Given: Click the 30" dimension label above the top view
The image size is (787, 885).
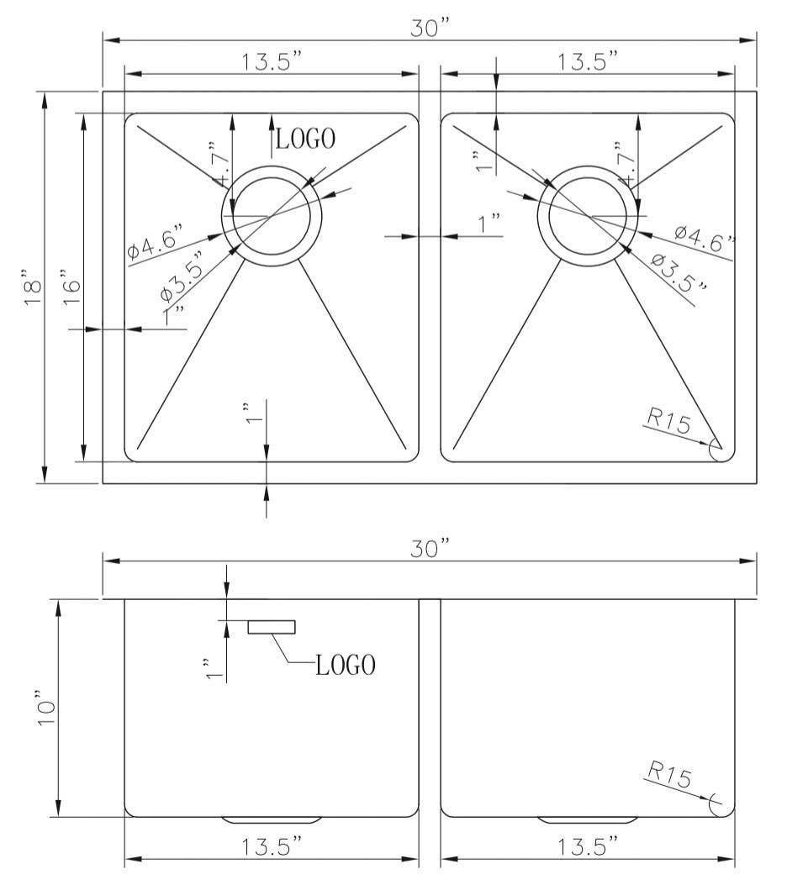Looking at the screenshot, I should click(x=431, y=28).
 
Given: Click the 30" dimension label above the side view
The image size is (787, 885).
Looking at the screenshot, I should click(x=431, y=549).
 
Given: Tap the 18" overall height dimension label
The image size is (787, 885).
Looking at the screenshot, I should click(x=32, y=287).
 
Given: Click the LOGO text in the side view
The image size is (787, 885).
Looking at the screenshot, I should click(x=345, y=666).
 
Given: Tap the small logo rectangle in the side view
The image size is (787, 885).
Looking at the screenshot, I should click(x=272, y=626).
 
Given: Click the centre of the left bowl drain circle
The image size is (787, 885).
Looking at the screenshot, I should click(x=271, y=216).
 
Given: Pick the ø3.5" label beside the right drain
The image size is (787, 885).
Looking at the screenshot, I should click(x=679, y=274).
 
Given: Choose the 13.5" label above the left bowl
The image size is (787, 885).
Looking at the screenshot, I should click(x=272, y=61).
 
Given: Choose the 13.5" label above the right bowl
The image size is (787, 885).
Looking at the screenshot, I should click(x=589, y=61).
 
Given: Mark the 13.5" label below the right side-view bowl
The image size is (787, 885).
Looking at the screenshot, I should click(x=589, y=845).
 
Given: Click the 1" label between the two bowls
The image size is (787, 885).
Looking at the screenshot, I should click(x=489, y=224).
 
